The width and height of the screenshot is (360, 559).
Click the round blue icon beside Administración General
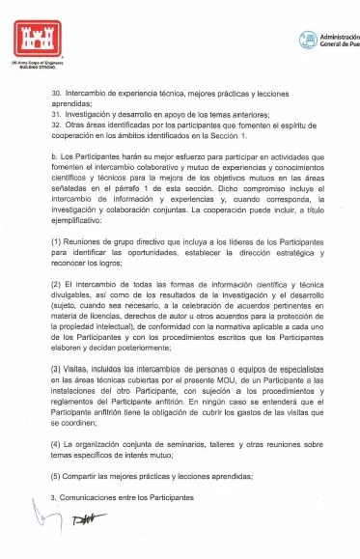[x=308, y=40]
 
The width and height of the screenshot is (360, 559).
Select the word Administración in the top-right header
[x=339, y=35]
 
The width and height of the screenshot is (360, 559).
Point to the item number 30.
[x=54, y=94]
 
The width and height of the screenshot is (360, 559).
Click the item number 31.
[x=54, y=114]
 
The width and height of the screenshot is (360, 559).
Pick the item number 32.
[x=54, y=125]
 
